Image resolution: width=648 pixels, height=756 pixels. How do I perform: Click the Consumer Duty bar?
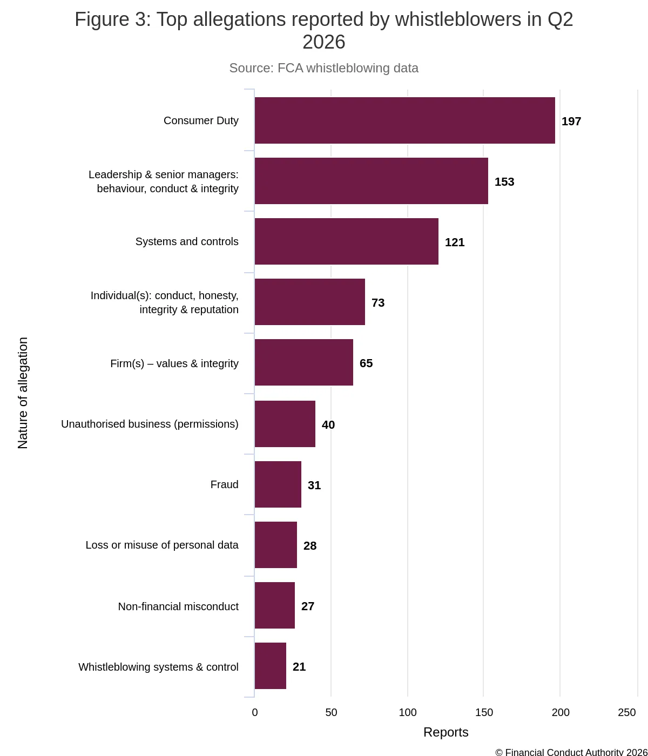pyautogui.click(x=405, y=120)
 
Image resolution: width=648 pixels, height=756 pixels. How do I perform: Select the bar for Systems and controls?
pyautogui.click(x=346, y=241)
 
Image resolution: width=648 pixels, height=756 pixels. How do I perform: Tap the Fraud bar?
pyautogui.click(x=278, y=484)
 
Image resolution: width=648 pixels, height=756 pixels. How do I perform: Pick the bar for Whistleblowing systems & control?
pyautogui.click(x=270, y=666)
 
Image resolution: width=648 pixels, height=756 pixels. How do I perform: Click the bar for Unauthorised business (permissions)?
pyautogui.click(x=285, y=424)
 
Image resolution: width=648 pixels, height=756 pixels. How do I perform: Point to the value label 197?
pyautogui.click(x=571, y=122)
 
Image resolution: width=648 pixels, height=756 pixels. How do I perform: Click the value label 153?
pyautogui.click(x=504, y=182)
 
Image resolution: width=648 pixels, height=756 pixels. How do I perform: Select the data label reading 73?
pyautogui.click(x=378, y=303)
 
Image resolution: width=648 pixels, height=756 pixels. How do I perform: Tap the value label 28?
pyautogui.click(x=310, y=546)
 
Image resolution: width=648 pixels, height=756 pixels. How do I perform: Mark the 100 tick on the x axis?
pyautogui.click(x=408, y=712)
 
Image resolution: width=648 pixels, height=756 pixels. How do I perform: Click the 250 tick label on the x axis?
pyautogui.click(x=627, y=712)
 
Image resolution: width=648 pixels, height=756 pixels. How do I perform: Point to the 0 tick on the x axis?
pyautogui.click(x=255, y=712)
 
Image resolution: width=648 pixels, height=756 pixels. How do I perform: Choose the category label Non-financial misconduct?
pyautogui.click(x=178, y=606)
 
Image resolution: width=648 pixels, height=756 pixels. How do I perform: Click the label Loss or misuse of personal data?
pyautogui.click(x=162, y=545)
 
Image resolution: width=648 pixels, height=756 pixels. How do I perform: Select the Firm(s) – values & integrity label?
pyautogui.click(x=174, y=363)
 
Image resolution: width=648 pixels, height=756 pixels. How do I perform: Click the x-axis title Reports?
pyautogui.click(x=446, y=732)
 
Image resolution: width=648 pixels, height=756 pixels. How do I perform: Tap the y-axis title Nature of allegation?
pyautogui.click(x=23, y=393)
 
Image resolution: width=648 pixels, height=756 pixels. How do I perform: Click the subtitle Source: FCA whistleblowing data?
pyautogui.click(x=323, y=68)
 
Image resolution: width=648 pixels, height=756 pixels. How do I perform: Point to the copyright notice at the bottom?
pyautogui.click(x=571, y=752)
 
